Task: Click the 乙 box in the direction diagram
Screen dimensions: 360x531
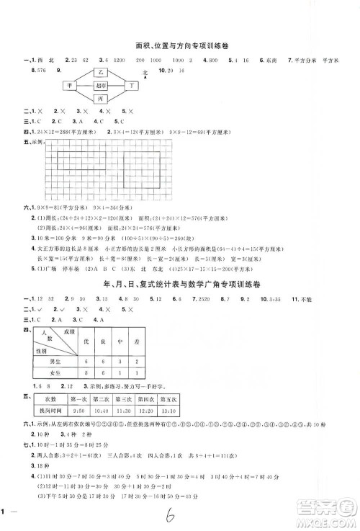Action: click(101, 73)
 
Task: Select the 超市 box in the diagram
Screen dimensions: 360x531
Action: click(101, 85)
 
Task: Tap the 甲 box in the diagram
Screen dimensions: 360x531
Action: click(71, 85)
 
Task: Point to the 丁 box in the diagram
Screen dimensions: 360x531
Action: click(132, 85)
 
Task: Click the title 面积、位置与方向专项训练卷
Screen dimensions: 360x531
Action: click(180, 46)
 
